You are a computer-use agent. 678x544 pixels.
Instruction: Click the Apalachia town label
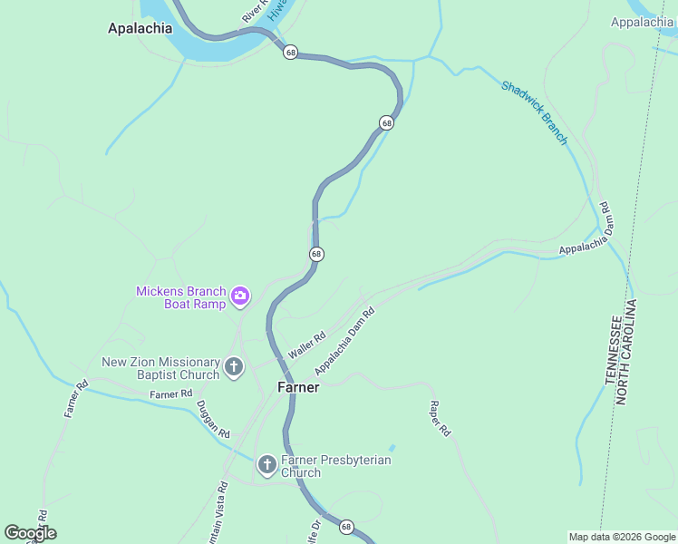click(x=140, y=28)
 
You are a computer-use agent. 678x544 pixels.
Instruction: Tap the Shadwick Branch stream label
click(x=535, y=112)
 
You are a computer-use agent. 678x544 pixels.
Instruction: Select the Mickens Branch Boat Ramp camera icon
click(x=240, y=296)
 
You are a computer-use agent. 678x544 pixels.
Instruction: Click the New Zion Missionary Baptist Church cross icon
click(x=234, y=367)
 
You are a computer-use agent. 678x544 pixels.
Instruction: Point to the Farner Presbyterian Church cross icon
click(x=266, y=465)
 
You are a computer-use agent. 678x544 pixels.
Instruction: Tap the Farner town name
click(x=297, y=387)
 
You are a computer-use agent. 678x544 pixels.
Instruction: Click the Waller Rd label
click(x=306, y=345)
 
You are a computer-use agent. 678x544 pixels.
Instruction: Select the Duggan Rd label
click(x=214, y=418)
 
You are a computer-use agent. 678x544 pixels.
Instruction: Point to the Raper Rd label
click(x=440, y=419)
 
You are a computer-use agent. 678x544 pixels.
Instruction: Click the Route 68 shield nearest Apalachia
click(x=290, y=53)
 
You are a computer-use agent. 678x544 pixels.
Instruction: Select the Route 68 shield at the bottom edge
click(x=346, y=526)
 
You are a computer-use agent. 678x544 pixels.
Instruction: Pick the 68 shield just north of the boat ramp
click(x=315, y=254)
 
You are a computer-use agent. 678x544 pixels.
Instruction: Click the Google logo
click(x=30, y=533)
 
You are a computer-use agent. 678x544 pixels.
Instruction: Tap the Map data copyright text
click(x=621, y=537)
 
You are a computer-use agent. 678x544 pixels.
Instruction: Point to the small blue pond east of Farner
click(x=392, y=448)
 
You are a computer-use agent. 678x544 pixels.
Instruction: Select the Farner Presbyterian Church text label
click(x=335, y=466)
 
